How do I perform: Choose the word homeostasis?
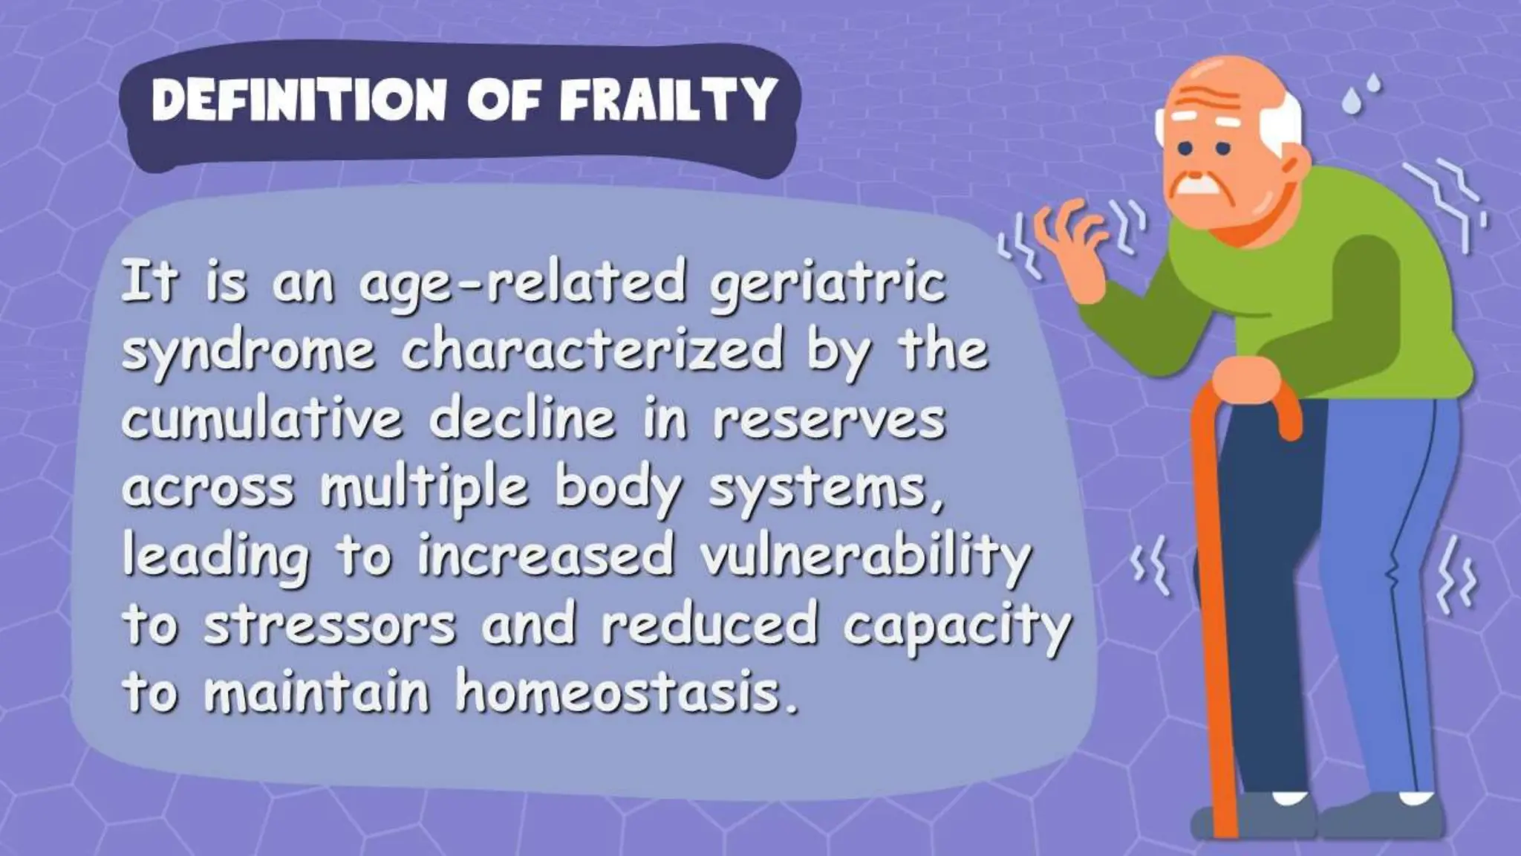pos(628,691)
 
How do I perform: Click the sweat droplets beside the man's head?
pos(1361,95)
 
